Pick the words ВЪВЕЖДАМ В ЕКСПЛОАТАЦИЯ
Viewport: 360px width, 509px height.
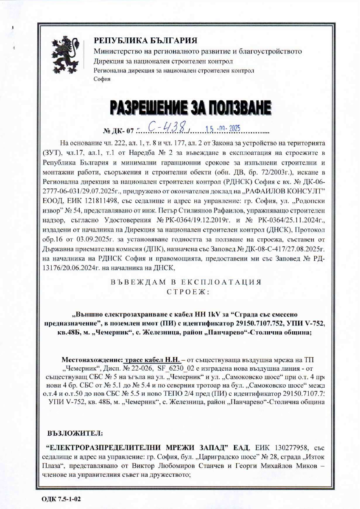tap(182, 282)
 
